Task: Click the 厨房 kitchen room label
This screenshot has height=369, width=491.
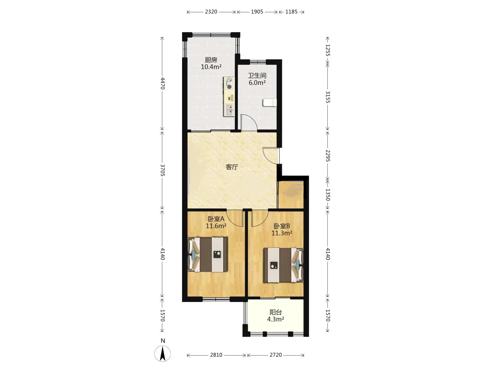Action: click(x=211, y=60)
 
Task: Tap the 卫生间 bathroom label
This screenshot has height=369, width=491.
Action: click(x=257, y=76)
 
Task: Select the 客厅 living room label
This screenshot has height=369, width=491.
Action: click(x=232, y=167)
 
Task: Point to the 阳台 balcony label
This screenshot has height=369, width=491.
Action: click(x=276, y=312)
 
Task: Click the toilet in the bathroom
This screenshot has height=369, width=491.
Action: click(x=270, y=103)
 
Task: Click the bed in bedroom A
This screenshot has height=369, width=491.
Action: click(x=207, y=255)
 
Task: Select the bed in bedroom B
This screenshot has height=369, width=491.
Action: click(x=283, y=265)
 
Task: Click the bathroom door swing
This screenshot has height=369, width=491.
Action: click(x=249, y=122)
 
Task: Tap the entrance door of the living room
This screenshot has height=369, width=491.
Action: click(x=271, y=156)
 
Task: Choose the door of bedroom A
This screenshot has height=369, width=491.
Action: click(x=235, y=218)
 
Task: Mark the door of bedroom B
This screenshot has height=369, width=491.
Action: click(x=260, y=218)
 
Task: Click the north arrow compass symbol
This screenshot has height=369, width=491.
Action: click(x=163, y=354)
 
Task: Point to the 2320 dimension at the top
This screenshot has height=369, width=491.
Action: click(x=211, y=12)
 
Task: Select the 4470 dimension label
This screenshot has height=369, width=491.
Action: click(x=163, y=83)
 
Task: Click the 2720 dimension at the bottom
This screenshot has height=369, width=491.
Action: click(x=276, y=355)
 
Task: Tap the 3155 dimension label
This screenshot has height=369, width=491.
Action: click(x=328, y=97)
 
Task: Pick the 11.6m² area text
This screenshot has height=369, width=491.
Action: click(x=216, y=225)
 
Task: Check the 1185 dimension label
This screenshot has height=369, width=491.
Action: click(x=291, y=12)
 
